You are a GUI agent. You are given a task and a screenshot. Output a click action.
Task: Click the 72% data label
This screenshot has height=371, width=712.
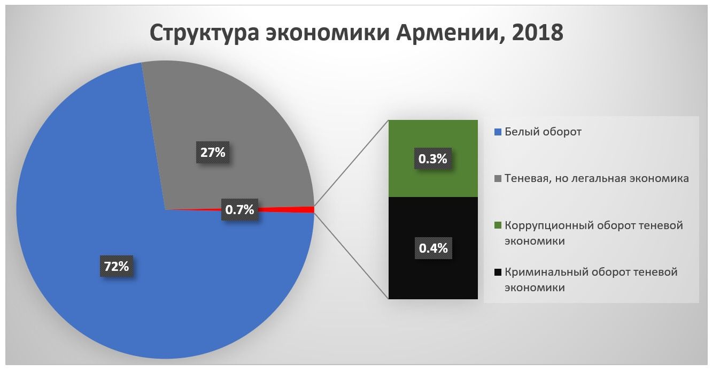click(117, 266)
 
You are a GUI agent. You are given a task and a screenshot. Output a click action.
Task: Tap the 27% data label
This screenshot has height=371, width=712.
click(213, 153)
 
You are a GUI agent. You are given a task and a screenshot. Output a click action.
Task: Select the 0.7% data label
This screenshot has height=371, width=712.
click(239, 210)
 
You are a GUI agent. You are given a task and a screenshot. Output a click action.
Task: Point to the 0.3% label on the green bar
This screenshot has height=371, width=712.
click(432, 158)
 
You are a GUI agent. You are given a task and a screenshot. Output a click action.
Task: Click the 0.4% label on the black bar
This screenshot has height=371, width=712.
click(432, 248)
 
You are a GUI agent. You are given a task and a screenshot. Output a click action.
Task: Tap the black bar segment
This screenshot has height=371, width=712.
click(432, 278)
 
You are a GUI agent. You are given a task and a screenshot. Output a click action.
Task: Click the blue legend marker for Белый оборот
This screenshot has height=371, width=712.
click(498, 132)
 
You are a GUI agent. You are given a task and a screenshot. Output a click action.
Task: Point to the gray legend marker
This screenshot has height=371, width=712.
click(498, 179)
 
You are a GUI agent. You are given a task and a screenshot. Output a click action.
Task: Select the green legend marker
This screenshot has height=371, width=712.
click(498, 226)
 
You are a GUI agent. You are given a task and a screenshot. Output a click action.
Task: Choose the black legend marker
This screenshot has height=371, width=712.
click(498, 272)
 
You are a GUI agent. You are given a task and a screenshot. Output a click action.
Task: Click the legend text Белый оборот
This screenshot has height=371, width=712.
click(543, 132)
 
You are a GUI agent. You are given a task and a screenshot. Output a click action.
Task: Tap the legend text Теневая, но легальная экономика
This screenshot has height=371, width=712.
click(597, 178)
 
